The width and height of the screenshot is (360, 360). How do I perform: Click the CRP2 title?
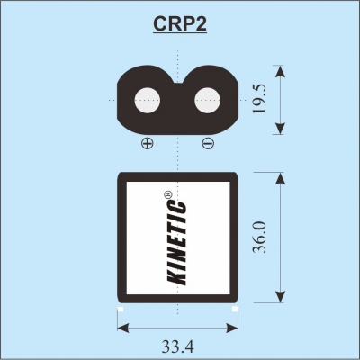point(180,23)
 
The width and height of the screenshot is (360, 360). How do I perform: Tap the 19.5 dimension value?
point(260,99)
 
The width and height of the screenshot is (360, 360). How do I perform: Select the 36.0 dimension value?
point(260,237)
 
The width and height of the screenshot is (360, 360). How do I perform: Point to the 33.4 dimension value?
point(178,346)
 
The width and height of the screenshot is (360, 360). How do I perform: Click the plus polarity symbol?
point(148,143)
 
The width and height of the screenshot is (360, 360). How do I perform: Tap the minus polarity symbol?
point(208,143)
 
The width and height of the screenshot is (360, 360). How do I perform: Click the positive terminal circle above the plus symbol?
point(148,101)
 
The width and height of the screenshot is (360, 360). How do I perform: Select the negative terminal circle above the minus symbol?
point(208,101)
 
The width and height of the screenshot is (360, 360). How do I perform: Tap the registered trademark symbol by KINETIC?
point(167,194)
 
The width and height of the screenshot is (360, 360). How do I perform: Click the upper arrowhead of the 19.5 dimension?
point(280,72)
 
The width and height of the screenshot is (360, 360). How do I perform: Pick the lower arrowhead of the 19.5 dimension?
point(280,128)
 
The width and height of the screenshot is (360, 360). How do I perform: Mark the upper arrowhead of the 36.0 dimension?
point(280,179)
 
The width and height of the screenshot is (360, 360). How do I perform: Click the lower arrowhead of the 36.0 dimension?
point(280,296)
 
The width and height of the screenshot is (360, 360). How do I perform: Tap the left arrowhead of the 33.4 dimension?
point(123,328)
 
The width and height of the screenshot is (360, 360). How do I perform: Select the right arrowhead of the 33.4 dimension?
point(231,328)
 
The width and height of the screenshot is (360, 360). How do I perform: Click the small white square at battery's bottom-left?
point(121,309)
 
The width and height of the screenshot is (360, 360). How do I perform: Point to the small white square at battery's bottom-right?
point(235,309)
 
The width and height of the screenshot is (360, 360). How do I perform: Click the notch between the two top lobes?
point(178,82)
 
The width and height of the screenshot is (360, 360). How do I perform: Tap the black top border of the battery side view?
point(178,177)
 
